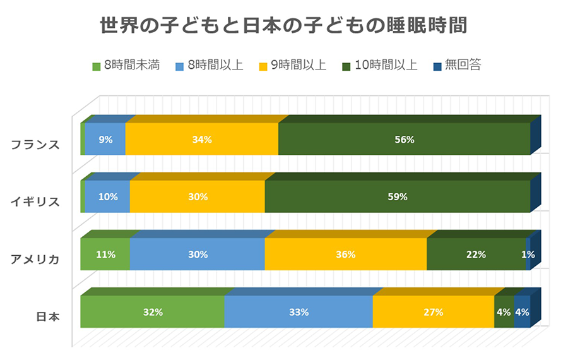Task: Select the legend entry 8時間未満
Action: click(126, 65)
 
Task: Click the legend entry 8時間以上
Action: click(209, 65)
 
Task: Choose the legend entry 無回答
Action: click(457, 65)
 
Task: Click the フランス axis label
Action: click(35, 144)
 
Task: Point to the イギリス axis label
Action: click(35, 202)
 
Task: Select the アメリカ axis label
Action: click(35, 260)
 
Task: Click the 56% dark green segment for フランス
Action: click(404, 140)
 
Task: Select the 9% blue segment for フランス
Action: click(105, 140)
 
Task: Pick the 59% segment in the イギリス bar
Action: click(398, 196)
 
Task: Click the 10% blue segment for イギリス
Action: click(107, 196)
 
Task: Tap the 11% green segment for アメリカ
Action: click(105, 255)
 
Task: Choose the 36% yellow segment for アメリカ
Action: click(346, 255)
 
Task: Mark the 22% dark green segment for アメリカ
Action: click(476, 255)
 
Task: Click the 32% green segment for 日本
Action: click(153, 312)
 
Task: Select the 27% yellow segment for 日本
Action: click(433, 312)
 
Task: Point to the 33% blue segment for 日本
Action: click(299, 312)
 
